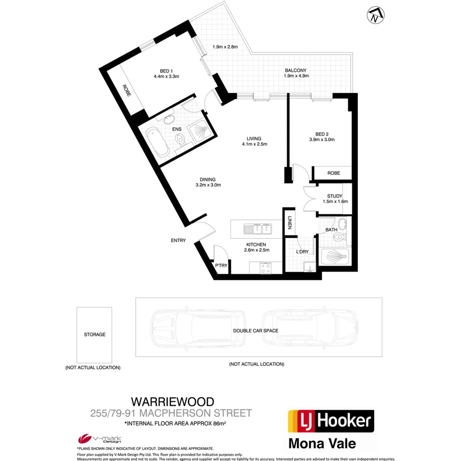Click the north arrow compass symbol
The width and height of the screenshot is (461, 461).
coord(374,16)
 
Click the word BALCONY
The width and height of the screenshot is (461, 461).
coord(296,70)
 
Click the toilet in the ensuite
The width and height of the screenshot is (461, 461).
coord(181,140)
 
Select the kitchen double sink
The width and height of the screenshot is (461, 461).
coord(258,229)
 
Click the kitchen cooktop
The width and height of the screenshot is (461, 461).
coord(266,268)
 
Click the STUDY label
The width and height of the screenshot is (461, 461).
coord(335,196)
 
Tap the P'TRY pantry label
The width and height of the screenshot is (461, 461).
coord(221,266)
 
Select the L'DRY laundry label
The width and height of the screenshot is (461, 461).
coord(302,252)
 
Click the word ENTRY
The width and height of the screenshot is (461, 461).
coord(178,240)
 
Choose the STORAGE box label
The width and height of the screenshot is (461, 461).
coord(94,335)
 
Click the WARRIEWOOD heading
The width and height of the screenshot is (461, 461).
coord(172,402)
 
